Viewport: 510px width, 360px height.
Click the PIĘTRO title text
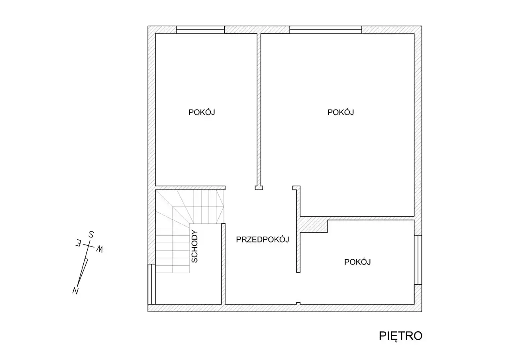pos(400,336)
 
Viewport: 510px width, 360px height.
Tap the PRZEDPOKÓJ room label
pos(263,239)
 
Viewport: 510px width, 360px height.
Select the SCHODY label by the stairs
pos(195,247)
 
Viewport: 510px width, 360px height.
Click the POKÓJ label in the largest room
pos(341,112)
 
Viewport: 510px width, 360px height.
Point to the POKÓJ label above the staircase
pos(202,112)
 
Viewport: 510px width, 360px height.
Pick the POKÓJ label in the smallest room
pos(357,262)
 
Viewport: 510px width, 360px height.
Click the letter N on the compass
pos(76,291)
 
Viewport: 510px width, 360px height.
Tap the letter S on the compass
pos(91,235)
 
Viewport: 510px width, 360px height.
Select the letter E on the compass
pos(78,243)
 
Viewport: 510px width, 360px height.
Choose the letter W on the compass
pos(100,249)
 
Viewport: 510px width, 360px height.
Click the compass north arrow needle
pos(83,272)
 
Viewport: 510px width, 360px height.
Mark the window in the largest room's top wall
pos(326,29)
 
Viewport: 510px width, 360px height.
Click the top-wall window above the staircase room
pos(200,29)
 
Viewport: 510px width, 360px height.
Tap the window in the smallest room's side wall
pos(418,260)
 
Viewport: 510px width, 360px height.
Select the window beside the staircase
pos(152,284)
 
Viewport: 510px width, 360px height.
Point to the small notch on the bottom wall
pos(298,303)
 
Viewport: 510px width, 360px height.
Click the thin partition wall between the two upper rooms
pos(259,110)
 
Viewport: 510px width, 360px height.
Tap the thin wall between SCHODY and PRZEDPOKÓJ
pos(224,264)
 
